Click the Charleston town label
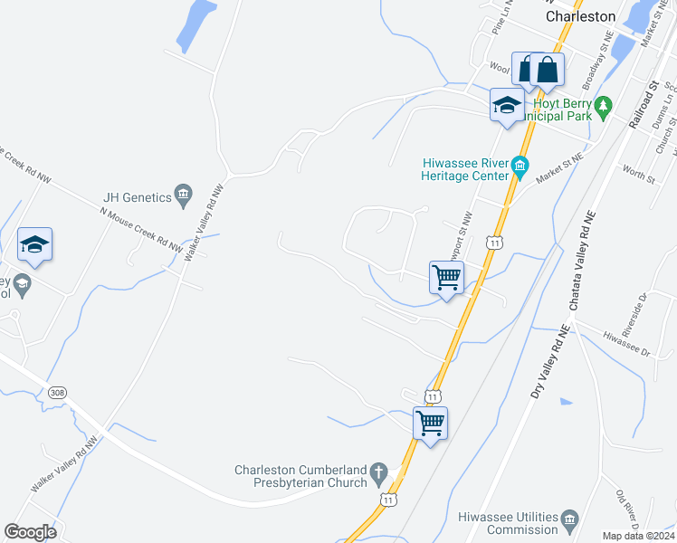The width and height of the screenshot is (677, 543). [x=581, y=16]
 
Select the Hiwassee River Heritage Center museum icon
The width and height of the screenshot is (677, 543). [x=520, y=166]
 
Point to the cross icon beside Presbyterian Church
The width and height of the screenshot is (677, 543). [x=381, y=472]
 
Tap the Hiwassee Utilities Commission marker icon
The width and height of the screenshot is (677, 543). [x=569, y=519]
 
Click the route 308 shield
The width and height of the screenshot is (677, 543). [x=58, y=392]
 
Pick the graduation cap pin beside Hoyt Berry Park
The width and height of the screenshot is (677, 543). [x=507, y=105]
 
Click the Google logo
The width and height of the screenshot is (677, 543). [x=30, y=531]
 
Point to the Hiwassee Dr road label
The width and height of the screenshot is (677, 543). [x=626, y=343]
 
